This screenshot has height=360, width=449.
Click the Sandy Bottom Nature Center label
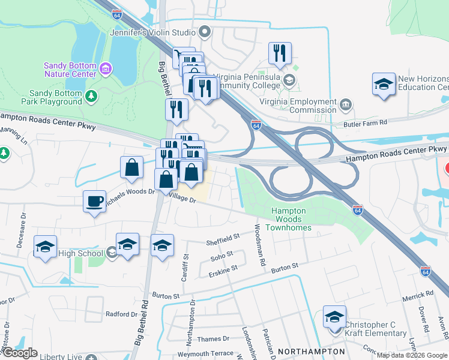(70, 70)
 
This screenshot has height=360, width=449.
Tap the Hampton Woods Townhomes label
(289, 219)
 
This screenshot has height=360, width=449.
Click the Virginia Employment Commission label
(298, 106)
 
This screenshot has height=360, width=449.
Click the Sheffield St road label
(223, 239)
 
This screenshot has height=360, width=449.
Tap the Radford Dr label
(122, 314)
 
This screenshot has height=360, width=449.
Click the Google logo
(20, 353)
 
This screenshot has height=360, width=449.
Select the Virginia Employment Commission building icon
(346, 106)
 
